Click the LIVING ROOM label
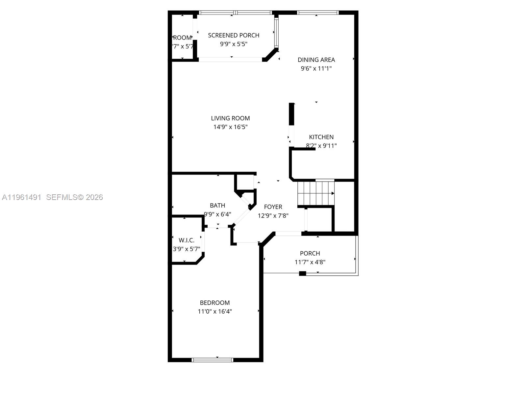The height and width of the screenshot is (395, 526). pyautogui.click(x=230, y=118)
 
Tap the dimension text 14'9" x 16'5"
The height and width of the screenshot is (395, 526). pyautogui.click(x=230, y=127)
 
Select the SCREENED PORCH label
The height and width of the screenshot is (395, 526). pyautogui.click(x=234, y=35)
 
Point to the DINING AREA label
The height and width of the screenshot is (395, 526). pyautogui.click(x=316, y=60)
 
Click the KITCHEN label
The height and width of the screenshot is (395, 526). pyautogui.click(x=321, y=137)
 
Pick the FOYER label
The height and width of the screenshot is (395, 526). pyautogui.click(x=273, y=207)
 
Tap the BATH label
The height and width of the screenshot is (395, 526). pyautogui.click(x=217, y=206)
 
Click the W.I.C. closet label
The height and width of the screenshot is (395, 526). pyautogui.click(x=187, y=240)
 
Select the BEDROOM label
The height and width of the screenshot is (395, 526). pyautogui.click(x=215, y=303)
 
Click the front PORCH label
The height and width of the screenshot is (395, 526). pyautogui.click(x=310, y=253)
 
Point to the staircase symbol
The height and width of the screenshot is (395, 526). pyautogui.click(x=316, y=193)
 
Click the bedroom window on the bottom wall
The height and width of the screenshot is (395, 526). pyautogui.click(x=212, y=360)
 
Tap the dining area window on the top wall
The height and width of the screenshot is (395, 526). pyautogui.click(x=317, y=13)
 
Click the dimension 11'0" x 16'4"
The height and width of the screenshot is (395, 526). pyautogui.click(x=215, y=312)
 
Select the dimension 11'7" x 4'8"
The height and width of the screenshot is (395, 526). pyautogui.click(x=310, y=262)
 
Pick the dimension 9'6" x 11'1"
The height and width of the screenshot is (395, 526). pyautogui.click(x=316, y=69)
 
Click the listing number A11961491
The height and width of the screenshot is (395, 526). pyautogui.click(x=22, y=197)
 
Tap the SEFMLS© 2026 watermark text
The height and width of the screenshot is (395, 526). pyautogui.click(x=74, y=197)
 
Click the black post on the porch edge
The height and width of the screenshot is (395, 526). pyautogui.click(x=302, y=273)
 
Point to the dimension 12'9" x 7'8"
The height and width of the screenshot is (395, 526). pyautogui.click(x=273, y=216)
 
